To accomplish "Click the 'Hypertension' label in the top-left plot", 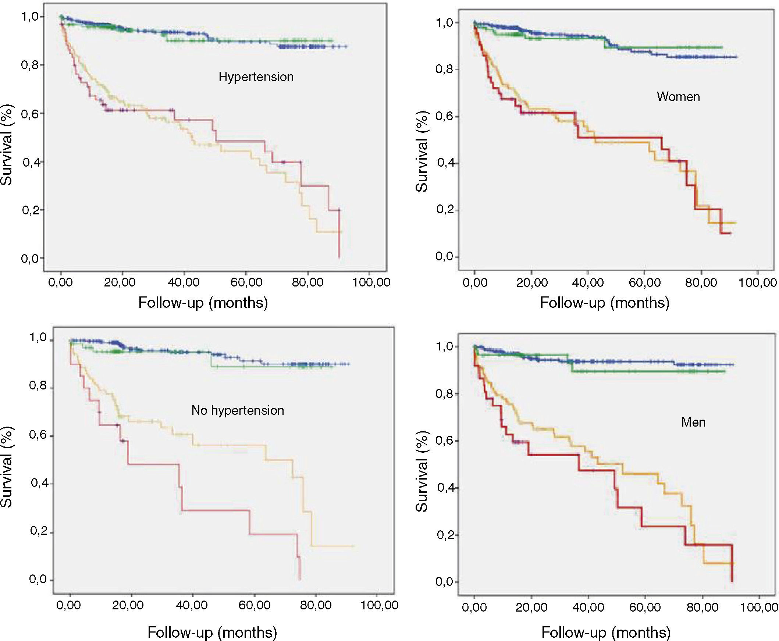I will point(256,77).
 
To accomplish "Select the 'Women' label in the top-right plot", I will point(678,97).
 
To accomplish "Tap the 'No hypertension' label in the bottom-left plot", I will point(238,410).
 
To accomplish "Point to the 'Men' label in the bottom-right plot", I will point(693,422).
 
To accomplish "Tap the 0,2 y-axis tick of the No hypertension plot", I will point(39,532).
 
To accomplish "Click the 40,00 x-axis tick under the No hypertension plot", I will point(192,605).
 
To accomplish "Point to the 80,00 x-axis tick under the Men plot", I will point(702,608).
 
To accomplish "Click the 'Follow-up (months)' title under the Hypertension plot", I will point(203,303).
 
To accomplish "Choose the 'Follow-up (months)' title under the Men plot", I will point(606,633).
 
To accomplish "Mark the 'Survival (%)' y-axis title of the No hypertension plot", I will point(6,467).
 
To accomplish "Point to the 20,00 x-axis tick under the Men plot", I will point(531,608).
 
